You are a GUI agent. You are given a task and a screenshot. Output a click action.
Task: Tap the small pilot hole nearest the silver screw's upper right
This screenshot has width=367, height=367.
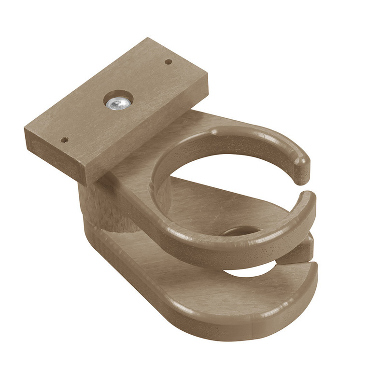coord(169,62)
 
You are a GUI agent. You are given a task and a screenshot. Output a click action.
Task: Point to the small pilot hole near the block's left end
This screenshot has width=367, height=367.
coord(64,141)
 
